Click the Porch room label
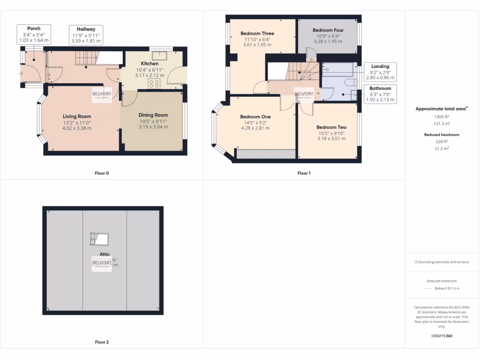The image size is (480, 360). coord(34,29)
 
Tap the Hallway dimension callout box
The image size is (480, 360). coord(86,35)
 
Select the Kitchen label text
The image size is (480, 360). coord(150,64)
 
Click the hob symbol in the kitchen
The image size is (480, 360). coord(154,83)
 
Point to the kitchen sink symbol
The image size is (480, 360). coord(156,50)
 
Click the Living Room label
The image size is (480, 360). coord(77,116)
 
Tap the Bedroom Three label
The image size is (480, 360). coord(257,34)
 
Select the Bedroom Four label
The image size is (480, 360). coord(328,30)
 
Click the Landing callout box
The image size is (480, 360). coord(380,72)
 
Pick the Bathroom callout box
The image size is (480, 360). coord(380,94)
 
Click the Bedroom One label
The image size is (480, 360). coord(255,117)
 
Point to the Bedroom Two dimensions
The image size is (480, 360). coord(331,136)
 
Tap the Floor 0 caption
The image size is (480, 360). coord(102,173)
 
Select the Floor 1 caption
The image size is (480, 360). coord(304,173)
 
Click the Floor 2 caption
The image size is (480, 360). coord(102,342)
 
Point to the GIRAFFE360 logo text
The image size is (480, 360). coord(442,336)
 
